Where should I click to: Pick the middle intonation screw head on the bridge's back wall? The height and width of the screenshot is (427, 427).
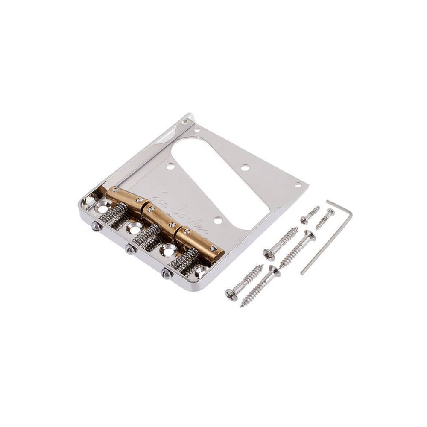click(131, 250)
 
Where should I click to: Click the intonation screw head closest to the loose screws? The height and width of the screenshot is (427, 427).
click(166, 274)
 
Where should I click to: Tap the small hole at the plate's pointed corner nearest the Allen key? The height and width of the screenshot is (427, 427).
click(298, 185)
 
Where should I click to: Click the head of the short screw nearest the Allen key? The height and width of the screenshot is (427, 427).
click(330, 212)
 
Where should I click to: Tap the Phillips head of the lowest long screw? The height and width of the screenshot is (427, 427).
click(232, 295)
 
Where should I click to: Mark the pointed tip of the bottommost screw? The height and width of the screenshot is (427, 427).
click(242, 306)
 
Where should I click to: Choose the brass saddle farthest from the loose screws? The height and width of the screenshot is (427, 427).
click(121, 197)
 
